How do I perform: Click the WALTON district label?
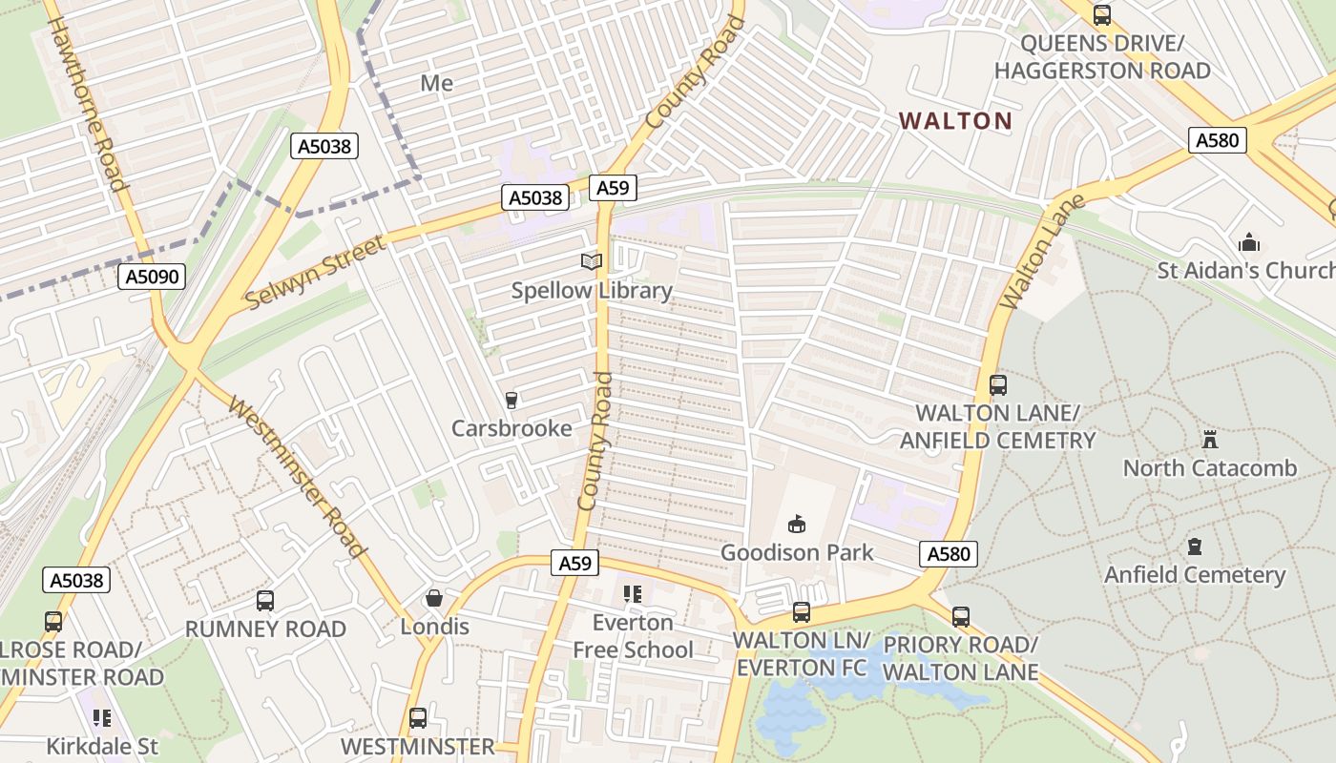coord(955,121)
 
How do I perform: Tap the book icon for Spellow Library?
coord(592,261)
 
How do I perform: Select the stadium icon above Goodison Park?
coord(796,523)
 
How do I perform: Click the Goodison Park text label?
coord(797,552)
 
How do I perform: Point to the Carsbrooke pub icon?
coord(511,401)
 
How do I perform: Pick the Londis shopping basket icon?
coord(434,598)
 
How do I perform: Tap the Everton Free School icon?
coord(632,594)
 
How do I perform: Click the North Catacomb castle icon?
coord(1210,440)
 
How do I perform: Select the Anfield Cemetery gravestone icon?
coord(1195,546)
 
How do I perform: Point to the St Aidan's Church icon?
coord(1248,242)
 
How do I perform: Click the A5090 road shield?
coord(151,278)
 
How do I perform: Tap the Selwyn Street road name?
coord(316,272)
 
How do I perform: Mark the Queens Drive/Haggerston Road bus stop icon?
coord(1102,15)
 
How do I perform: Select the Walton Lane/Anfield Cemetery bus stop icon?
coord(998,385)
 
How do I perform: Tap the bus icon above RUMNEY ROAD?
coord(265,601)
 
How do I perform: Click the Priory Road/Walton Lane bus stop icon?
coord(960,617)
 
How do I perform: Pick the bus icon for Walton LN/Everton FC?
coord(802,612)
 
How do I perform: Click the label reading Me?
coord(437,83)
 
